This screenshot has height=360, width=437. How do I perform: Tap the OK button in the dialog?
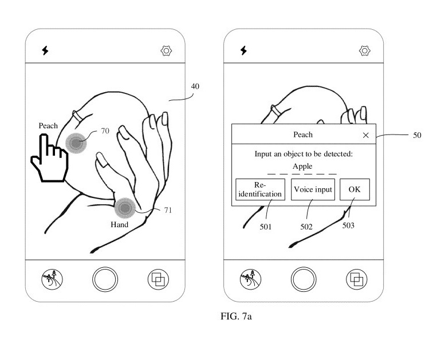[355, 189]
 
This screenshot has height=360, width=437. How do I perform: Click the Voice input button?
[313, 189]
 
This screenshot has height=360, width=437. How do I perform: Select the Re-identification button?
[260, 189]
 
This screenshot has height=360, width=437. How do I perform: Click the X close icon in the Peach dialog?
[365, 135]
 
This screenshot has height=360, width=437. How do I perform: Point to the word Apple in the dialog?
[302, 167]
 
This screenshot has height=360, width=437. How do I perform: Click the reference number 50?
[417, 135]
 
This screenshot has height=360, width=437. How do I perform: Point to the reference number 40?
[195, 86]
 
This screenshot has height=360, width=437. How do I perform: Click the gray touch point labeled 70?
[76, 143]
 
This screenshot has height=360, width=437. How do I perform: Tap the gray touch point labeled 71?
[125, 208]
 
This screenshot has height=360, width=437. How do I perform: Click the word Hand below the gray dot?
[119, 224]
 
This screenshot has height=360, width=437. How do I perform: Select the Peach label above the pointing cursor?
[48, 126]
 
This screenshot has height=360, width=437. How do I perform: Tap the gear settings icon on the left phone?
[167, 51]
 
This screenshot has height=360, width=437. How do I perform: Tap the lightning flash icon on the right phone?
[243, 50]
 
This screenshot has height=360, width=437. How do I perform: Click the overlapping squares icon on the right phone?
[356, 279]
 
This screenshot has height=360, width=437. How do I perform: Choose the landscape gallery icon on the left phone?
[52, 279]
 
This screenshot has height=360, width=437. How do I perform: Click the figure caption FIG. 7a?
[236, 317]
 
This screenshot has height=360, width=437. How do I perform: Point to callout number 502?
[306, 227]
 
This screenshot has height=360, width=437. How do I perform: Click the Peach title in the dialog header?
[303, 134]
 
